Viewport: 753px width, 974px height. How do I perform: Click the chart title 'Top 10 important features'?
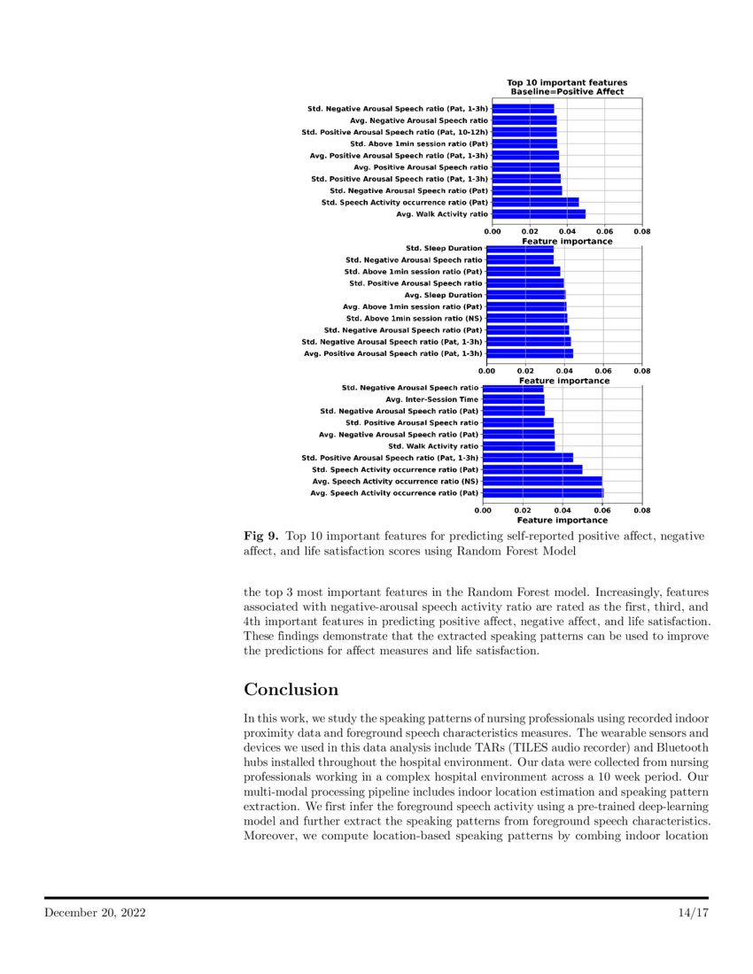(x=567, y=82)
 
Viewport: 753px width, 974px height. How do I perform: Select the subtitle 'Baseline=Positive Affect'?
(x=567, y=91)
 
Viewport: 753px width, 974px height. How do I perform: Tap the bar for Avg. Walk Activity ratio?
(x=538, y=213)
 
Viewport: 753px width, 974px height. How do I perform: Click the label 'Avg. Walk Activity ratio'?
(x=441, y=213)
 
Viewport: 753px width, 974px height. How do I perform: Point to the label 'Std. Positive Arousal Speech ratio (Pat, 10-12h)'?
(x=394, y=132)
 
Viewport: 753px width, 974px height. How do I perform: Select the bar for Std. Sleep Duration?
(x=519, y=248)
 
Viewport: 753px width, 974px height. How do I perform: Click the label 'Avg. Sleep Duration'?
(x=443, y=295)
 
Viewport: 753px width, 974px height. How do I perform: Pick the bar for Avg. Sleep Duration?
(x=525, y=295)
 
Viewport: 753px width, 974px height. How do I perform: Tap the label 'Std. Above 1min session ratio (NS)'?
(x=414, y=318)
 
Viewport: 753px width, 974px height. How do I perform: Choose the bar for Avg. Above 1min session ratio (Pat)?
(x=526, y=306)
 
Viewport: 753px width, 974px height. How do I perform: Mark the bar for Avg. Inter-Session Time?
(x=514, y=399)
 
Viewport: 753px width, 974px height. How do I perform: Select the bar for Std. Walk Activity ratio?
(x=519, y=446)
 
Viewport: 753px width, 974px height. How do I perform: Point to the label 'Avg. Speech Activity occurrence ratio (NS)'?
(x=394, y=481)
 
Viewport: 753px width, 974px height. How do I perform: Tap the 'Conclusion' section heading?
(x=291, y=690)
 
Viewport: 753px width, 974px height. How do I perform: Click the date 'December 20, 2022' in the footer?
(x=96, y=912)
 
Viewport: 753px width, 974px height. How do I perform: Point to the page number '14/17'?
(x=689, y=912)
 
